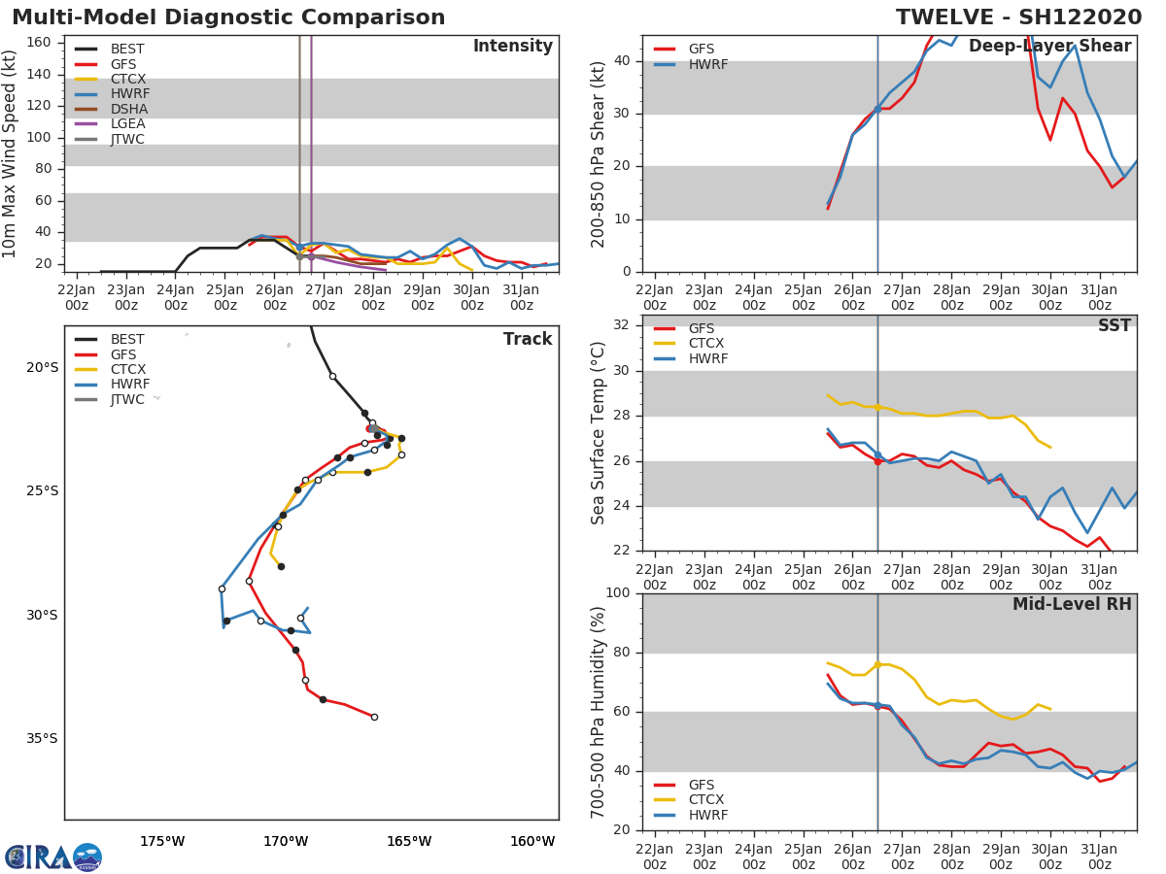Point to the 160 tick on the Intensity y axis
(x=39, y=43)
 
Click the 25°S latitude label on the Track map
(x=43, y=490)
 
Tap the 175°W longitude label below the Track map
(x=162, y=841)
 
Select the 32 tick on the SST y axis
(x=622, y=324)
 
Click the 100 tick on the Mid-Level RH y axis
(x=618, y=592)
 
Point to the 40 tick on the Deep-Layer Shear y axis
(x=622, y=60)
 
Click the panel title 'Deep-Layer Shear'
(x=1049, y=47)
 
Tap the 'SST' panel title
(x=1115, y=325)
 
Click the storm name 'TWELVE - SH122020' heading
(x=1018, y=17)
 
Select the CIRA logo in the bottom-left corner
(x=53, y=857)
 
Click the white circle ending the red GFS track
(x=374, y=718)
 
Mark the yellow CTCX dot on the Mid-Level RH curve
(x=877, y=665)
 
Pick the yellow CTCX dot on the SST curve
(x=877, y=408)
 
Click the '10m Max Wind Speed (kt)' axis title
(x=9, y=153)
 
